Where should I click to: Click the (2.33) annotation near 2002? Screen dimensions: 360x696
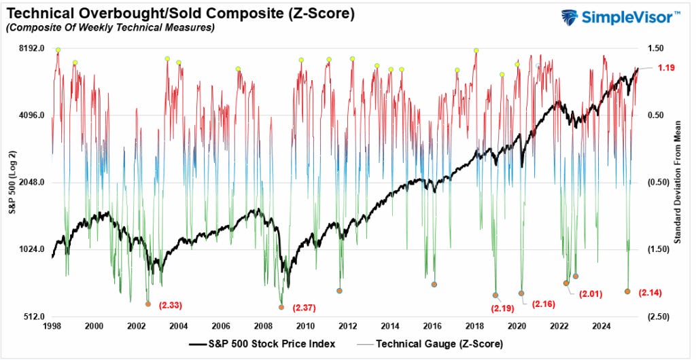point(170,306)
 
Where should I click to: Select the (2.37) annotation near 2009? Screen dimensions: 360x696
point(304,308)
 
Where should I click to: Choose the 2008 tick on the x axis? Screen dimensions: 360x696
point(263,326)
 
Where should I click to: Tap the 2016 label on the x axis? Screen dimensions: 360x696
point(432,326)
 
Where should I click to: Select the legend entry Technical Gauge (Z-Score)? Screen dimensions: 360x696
point(438,344)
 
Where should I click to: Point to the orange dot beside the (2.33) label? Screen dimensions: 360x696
point(147,304)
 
